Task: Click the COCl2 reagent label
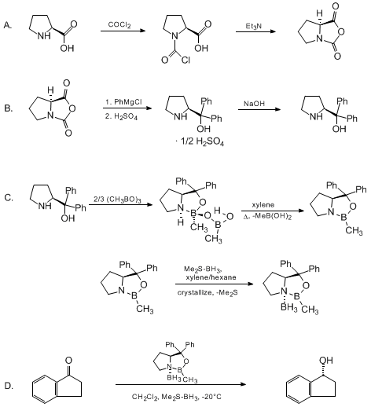click(119, 25)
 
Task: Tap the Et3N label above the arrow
click(253, 26)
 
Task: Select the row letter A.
click(8, 25)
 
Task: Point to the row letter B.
click(9, 108)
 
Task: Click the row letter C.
click(9, 198)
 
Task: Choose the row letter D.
click(9, 386)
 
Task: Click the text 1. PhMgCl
click(123, 102)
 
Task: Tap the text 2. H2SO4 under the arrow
click(121, 116)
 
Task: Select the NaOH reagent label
click(254, 104)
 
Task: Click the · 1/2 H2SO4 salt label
click(200, 142)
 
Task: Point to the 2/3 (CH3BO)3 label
click(117, 200)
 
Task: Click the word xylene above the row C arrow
click(263, 205)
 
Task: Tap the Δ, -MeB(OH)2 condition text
click(267, 217)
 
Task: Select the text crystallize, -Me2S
click(208, 292)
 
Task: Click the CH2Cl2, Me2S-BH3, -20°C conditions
click(176, 397)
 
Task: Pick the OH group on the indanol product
click(325, 360)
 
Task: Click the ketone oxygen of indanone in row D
click(68, 361)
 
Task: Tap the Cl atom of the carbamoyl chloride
click(185, 60)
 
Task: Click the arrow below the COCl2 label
click(123, 31)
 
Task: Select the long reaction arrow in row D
click(181, 384)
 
